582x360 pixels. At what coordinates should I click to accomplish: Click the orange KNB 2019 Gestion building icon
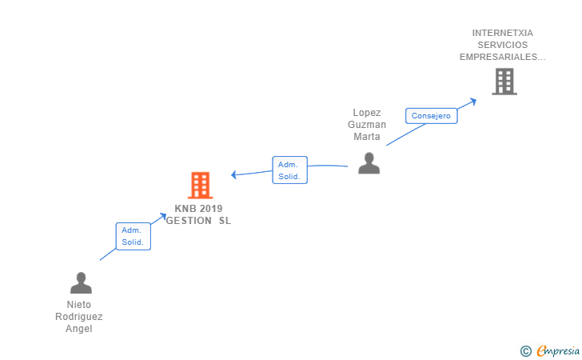200,186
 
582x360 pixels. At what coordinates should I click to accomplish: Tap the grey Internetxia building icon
504,82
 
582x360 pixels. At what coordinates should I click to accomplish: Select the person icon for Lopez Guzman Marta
369,163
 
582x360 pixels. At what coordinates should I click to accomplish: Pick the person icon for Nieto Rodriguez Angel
81,283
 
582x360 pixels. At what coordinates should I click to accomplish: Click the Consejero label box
432,116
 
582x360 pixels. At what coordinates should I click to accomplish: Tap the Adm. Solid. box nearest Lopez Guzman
289,170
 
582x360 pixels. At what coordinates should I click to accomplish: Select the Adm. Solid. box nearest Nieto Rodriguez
133,236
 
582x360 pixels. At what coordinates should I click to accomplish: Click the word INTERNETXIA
502,34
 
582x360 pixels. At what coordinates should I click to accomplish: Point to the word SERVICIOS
502,45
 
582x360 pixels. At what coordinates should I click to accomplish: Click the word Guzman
367,125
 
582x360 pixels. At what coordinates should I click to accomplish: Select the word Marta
367,136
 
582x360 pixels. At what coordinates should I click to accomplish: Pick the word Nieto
79,305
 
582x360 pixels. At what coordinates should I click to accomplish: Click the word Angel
79,329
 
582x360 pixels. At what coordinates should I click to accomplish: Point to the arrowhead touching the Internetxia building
472,101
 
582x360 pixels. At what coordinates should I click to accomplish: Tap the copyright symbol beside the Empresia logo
525,350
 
